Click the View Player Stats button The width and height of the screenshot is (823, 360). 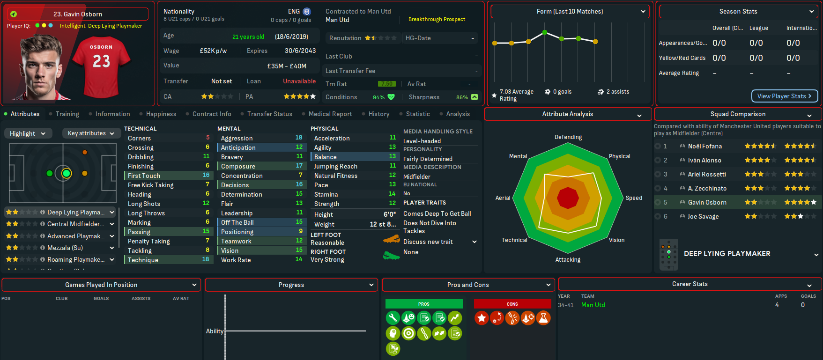(x=784, y=96)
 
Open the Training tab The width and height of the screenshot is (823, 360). (x=67, y=114)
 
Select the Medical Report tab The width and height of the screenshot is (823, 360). (x=330, y=114)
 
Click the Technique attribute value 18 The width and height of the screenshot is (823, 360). (x=206, y=259)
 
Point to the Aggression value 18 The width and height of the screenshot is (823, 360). (x=299, y=138)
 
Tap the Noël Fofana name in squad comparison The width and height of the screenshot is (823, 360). (x=704, y=146)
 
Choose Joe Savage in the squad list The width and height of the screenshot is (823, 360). (x=703, y=216)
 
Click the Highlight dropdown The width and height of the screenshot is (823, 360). (x=27, y=133)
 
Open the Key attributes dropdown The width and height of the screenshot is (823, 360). (x=91, y=133)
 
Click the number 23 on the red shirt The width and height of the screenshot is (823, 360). (x=101, y=61)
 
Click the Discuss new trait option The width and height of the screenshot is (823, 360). (x=428, y=242)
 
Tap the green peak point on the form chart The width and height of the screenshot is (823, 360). (x=544, y=32)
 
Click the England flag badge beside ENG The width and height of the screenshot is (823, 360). (x=307, y=11)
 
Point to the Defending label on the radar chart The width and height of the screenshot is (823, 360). (x=568, y=137)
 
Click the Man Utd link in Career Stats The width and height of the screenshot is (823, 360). (x=593, y=305)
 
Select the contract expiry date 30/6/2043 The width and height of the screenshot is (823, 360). (x=300, y=51)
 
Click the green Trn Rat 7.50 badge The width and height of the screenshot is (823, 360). (x=386, y=84)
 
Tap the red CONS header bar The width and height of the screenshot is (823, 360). (x=512, y=304)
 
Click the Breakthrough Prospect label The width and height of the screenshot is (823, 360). (x=437, y=19)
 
